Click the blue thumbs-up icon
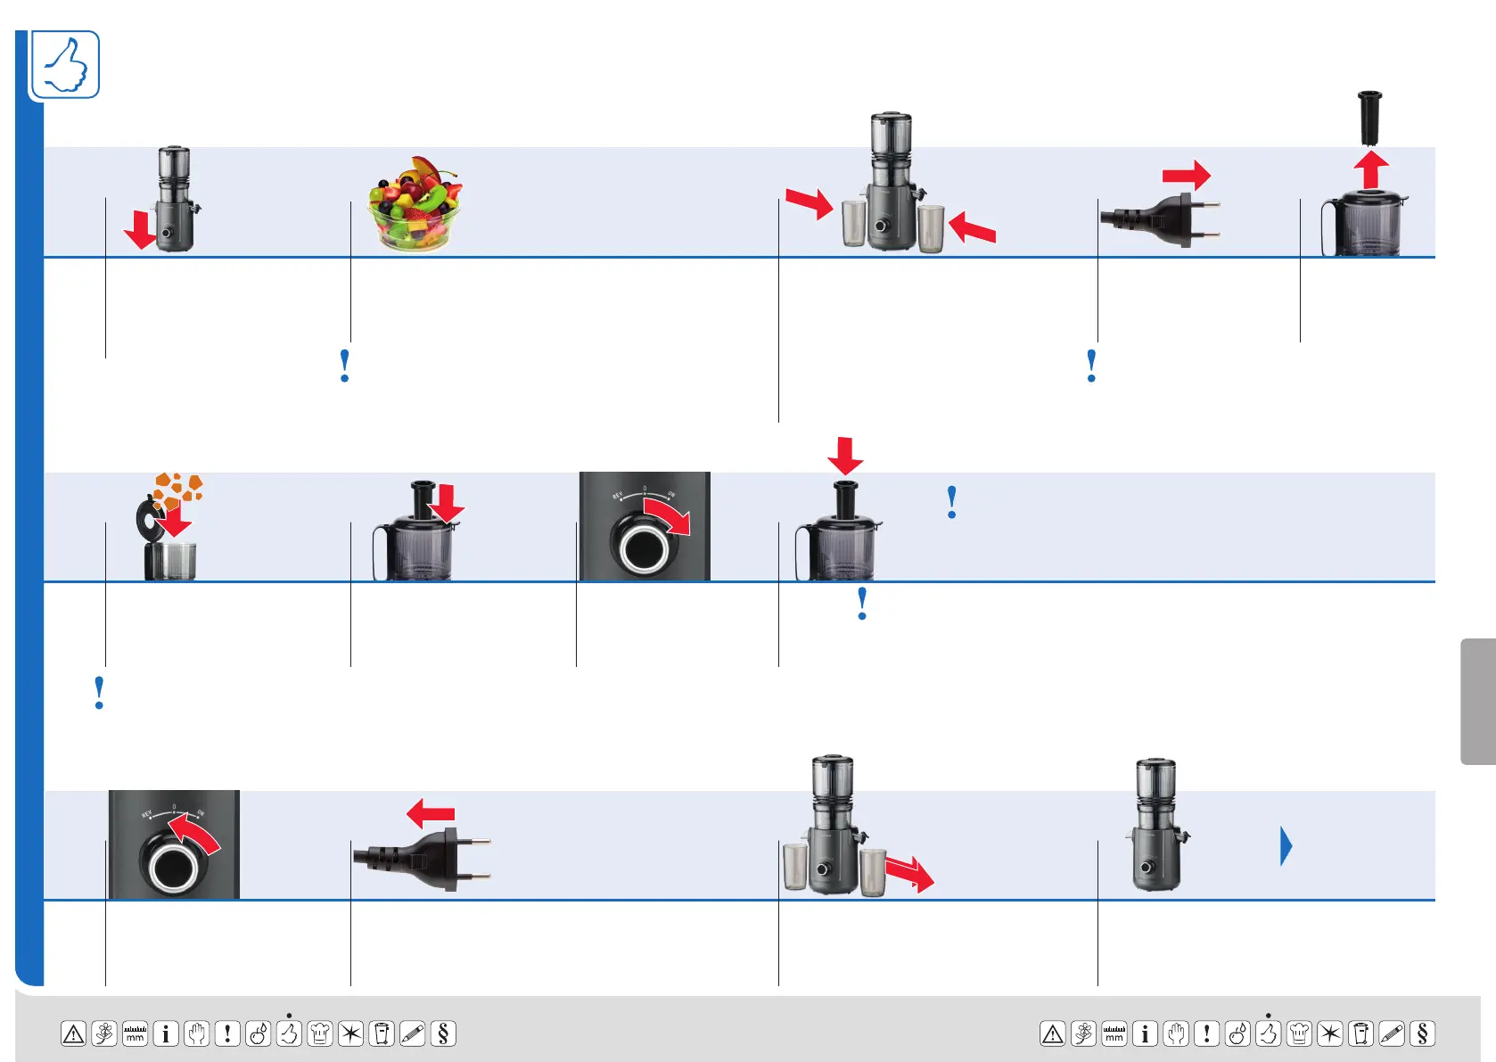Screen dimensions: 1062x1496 pyautogui.click(x=65, y=65)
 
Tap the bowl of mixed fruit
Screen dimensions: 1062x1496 pyautogui.click(x=415, y=204)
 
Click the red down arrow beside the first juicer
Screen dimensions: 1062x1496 pyautogui.click(x=140, y=230)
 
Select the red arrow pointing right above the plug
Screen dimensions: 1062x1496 pyautogui.click(x=1186, y=175)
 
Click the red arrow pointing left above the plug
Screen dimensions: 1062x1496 pyautogui.click(x=431, y=813)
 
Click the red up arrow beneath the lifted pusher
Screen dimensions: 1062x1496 pyautogui.click(x=1371, y=169)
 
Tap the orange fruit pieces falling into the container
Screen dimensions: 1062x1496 pyautogui.click(x=177, y=490)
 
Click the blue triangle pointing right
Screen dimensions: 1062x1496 pyautogui.click(x=1286, y=846)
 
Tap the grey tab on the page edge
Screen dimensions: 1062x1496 pyautogui.click(x=1477, y=701)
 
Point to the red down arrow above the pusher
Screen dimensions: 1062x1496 pyautogui.click(x=845, y=456)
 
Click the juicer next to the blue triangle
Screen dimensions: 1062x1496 pyautogui.click(x=1156, y=825)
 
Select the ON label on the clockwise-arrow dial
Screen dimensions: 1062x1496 pyautogui.click(x=671, y=494)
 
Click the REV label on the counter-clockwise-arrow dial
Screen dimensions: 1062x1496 pyautogui.click(x=147, y=813)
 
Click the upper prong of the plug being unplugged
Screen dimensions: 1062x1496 pyautogui.click(x=479, y=840)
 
